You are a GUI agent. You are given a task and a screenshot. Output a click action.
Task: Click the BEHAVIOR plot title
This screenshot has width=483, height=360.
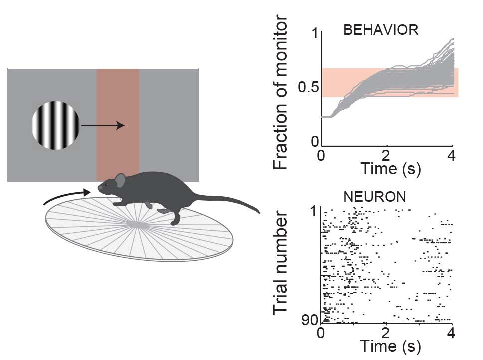coord(380,30)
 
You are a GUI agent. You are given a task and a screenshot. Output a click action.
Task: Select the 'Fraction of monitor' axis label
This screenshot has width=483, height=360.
coord(281,93)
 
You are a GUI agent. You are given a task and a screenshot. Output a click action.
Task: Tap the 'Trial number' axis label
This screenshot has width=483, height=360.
coord(281,265)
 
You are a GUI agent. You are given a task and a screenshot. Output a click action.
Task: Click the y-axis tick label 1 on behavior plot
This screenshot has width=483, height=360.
coord(314,34)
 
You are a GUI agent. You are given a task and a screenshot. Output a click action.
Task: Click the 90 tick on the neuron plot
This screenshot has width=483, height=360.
coord(311,320)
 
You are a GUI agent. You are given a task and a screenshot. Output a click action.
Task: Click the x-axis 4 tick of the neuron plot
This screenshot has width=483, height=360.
coord(452,331)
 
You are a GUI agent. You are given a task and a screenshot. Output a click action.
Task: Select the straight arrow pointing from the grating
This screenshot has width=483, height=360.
coord(102,126)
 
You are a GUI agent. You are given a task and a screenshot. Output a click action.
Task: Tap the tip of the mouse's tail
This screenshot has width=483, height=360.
coord(259,212)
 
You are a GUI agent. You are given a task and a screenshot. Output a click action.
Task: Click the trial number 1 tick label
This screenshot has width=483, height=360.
coord(314,212)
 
